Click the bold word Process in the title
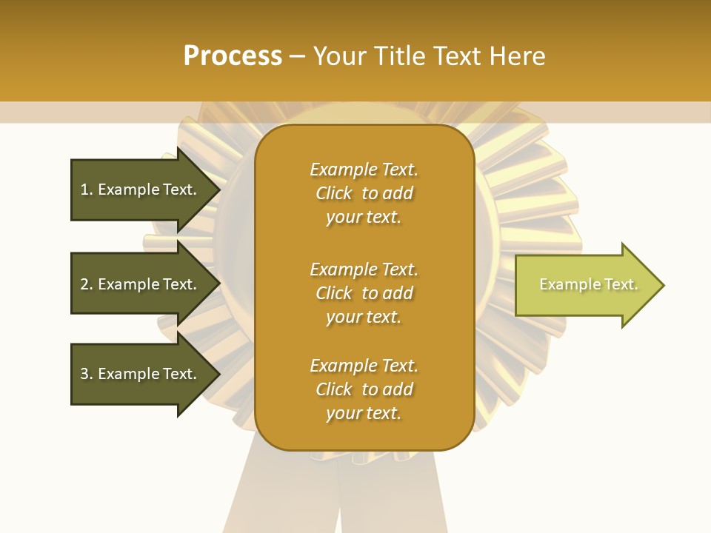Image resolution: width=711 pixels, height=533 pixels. click(233, 56)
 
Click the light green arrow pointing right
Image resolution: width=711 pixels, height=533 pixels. click(585, 285)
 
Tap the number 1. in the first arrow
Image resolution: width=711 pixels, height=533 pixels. click(87, 190)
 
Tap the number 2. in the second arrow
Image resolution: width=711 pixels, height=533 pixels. click(87, 284)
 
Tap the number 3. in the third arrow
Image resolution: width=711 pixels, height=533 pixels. click(87, 374)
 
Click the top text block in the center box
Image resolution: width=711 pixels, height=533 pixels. click(364, 193)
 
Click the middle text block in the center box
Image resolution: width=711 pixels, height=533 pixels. click(364, 292)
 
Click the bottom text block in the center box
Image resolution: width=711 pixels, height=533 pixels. click(364, 389)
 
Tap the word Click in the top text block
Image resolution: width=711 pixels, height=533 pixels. click(334, 193)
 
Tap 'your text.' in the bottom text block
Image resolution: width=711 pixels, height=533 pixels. click(364, 413)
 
